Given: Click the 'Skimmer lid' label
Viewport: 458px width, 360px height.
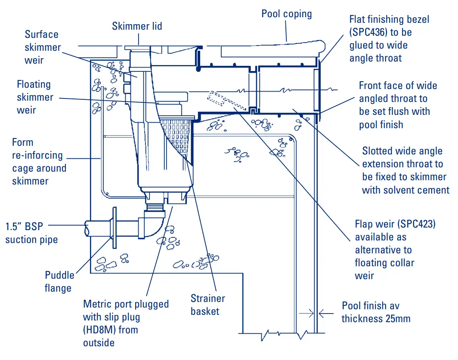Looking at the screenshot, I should (x=137, y=26).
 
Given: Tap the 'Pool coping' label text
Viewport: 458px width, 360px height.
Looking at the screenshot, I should (x=286, y=14).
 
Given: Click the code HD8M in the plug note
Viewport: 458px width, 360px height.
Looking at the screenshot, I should (x=100, y=330).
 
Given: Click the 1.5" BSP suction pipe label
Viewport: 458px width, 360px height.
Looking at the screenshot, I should (x=31, y=233).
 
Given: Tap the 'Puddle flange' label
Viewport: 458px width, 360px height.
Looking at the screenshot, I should (x=59, y=281).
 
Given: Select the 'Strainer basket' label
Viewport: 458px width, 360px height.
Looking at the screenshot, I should (x=207, y=305).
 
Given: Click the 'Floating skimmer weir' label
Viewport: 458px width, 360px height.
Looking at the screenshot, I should (x=34, y=97).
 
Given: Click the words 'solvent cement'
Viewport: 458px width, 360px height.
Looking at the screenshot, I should (x=405, y=190).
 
